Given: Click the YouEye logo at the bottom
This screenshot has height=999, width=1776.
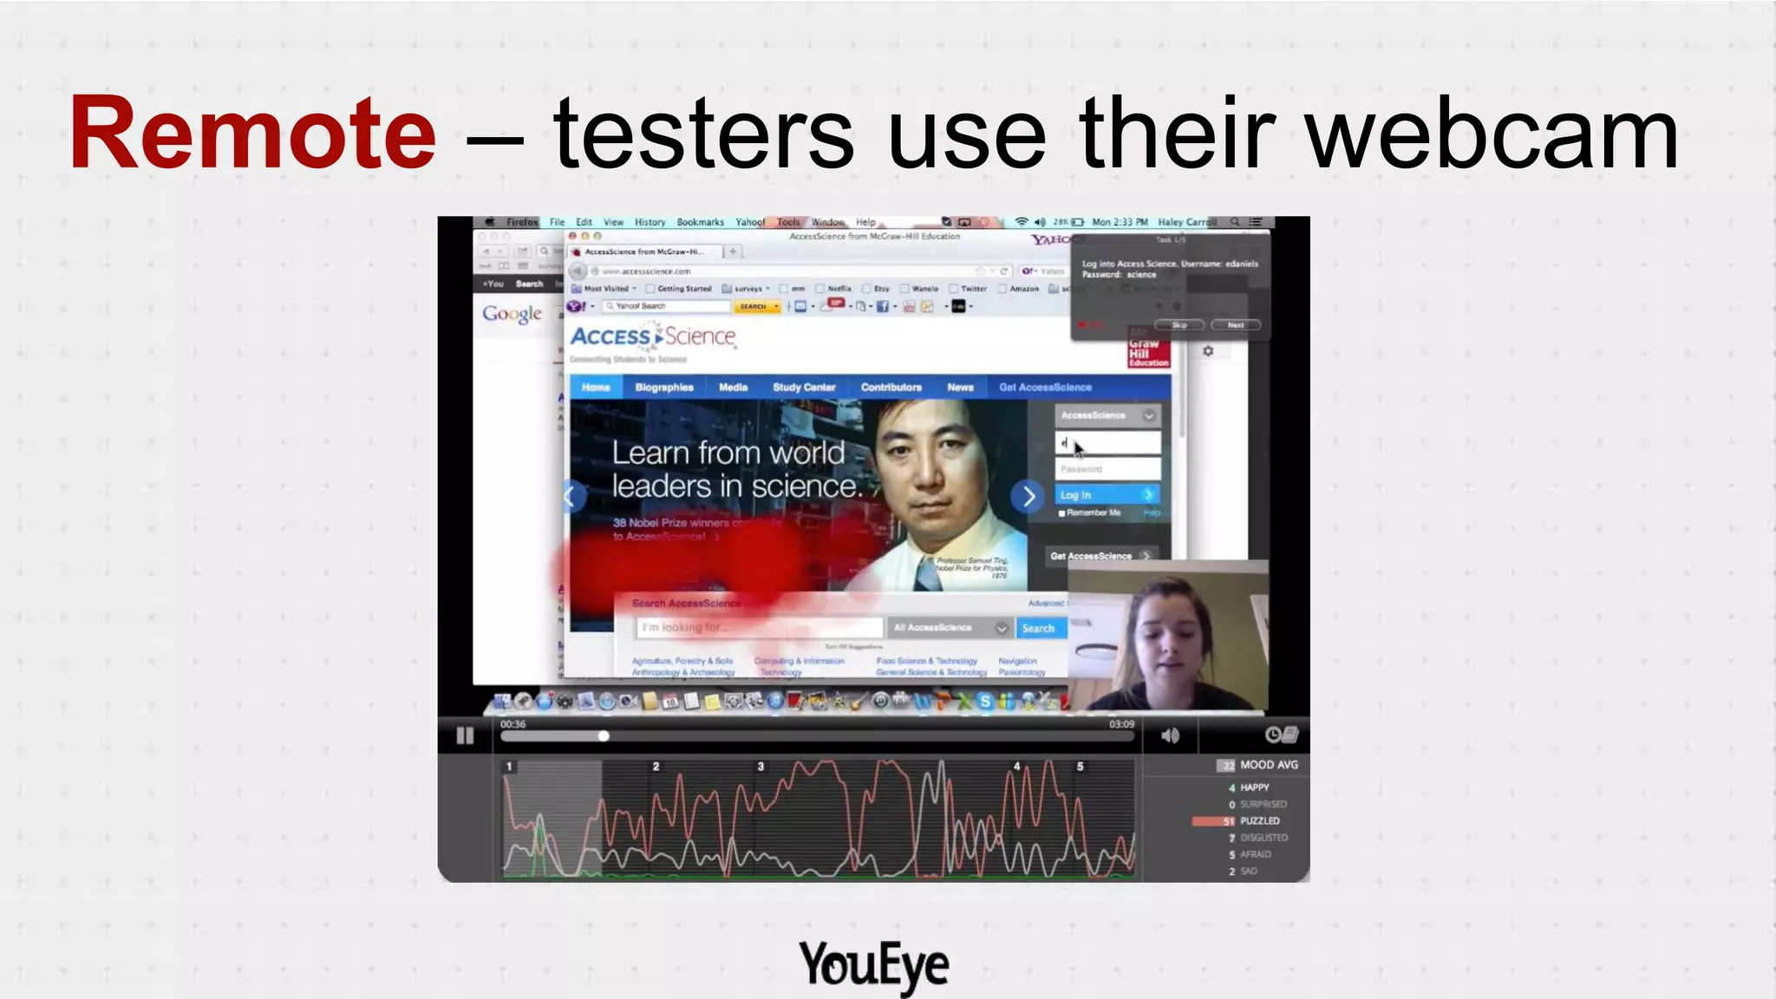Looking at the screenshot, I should click(874, 964).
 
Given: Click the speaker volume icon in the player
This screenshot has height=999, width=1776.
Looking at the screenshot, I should click(1170, 735).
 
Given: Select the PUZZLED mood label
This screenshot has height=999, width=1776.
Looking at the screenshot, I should click(1259, 820).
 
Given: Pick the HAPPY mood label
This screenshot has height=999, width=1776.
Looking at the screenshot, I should click(1254, 787).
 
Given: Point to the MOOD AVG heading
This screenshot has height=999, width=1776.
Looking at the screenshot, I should click(1268, 765).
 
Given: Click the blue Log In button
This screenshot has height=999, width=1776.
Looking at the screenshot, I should click(1107, 494).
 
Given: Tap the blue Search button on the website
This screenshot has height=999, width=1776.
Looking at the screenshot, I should click(1038, 628).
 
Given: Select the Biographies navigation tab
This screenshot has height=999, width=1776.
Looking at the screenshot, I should click(664, 388).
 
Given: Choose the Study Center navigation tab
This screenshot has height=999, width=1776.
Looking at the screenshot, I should click(804, 388).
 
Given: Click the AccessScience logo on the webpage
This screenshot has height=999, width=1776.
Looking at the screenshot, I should click(653, 337).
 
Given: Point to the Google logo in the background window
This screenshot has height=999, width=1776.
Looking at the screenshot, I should click(512, 314).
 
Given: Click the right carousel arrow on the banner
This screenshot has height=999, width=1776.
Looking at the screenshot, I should click(1028, 497).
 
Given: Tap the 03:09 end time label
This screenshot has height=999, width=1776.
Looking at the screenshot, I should click(1121, 724).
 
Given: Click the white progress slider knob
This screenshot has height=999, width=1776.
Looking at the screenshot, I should click(604, 736).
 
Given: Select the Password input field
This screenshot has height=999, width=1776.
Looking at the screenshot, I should click(1107, 469).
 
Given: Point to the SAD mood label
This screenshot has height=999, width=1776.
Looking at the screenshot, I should click(1248, 871).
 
